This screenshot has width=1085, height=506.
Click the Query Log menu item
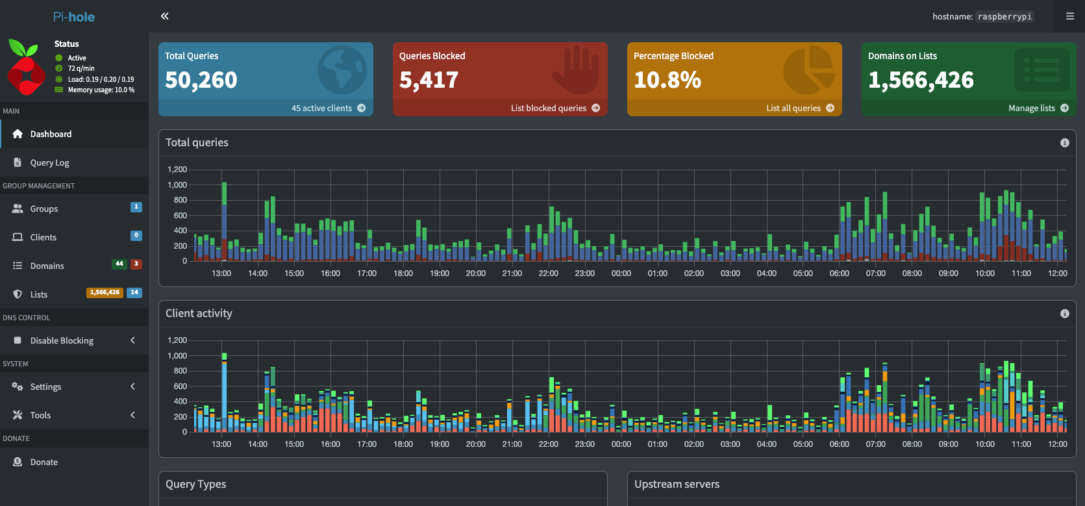(x=49, y=162)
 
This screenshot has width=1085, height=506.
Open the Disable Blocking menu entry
(x=62, y=340)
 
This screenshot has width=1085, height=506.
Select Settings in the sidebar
(x=45, y=386)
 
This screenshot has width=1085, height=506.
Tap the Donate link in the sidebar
(x=44, y=462)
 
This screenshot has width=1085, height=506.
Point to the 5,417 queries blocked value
(x=428, y=80)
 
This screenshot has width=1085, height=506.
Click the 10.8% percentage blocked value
(x=667, y=80)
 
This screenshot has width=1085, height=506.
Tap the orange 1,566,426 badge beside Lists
(x=105, y=292)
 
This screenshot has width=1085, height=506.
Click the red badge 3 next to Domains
(x=136, y=264)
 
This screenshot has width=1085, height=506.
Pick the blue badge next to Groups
(x=136, y=207)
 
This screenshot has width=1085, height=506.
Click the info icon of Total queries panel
(x=1065, y=142)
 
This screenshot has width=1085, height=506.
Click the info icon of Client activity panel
(x=1065, y=314)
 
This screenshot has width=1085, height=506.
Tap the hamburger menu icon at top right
(x=1070, y=16)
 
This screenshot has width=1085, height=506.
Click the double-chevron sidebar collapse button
(x=165, y=16)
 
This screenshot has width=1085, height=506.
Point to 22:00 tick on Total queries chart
(x=548, y=273)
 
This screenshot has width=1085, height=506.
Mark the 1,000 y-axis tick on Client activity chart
(x=177, y=355)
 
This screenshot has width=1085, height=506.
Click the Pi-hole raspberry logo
(x=26, y=67)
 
